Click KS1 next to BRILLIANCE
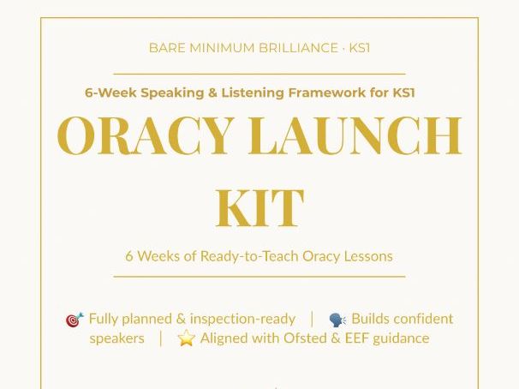(360, 48)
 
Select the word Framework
(326, 93)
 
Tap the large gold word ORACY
(145, 136)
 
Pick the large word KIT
(259, 206)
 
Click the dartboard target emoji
(75, 320)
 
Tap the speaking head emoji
(338, 320)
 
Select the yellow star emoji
(186, 338)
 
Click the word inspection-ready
(242, 319)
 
